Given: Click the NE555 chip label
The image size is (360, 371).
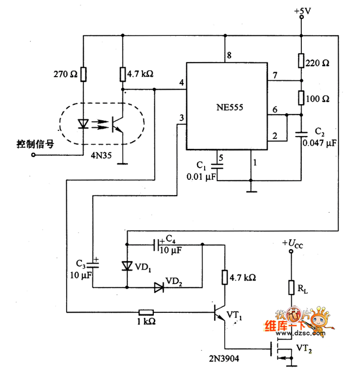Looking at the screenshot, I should [x=227, y=107].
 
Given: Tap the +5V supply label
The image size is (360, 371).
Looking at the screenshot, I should [x=301, y=10].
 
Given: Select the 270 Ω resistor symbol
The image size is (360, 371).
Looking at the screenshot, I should [x=83, y=75].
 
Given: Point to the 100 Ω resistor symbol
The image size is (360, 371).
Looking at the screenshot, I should [x=301, y=97].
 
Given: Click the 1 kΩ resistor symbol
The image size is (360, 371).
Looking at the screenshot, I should [x=146, y=312].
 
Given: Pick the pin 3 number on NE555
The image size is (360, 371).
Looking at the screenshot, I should [x=181, y=118].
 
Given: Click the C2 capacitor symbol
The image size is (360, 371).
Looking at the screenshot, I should [x=301, y=133].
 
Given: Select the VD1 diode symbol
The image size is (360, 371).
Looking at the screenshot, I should [x=127, y=265].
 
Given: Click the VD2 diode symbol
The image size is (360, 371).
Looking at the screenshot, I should [x=159, y=287].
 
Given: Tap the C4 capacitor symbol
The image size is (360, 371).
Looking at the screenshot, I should [x=158, y=245].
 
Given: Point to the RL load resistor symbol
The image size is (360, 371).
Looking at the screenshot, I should [x=291, y=287].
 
